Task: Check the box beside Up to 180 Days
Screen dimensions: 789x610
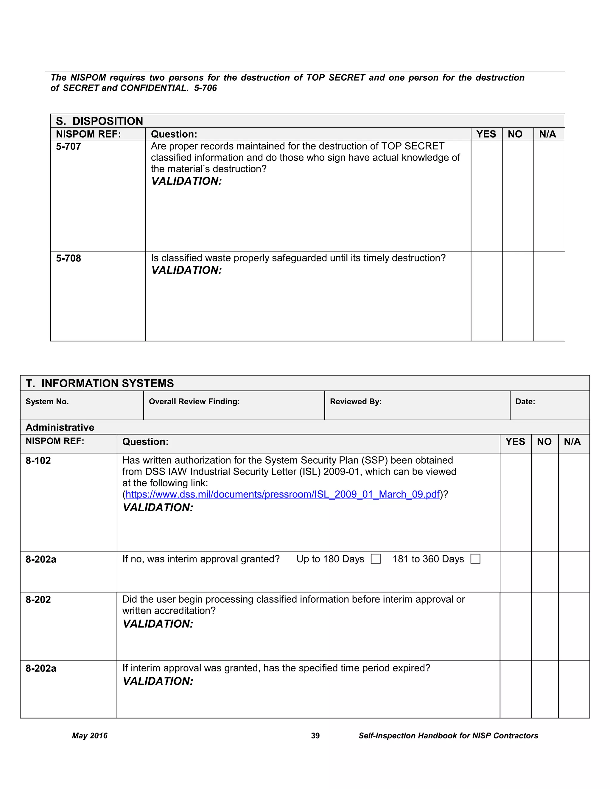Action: (376, 559)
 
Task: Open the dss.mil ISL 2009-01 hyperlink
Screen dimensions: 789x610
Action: (283, 494)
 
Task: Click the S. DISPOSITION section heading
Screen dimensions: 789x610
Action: (99, 121)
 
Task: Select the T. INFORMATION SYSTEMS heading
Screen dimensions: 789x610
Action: (100, 383)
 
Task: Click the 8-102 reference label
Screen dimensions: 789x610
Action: (38, 461)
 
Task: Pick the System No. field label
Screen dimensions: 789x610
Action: (47, 402)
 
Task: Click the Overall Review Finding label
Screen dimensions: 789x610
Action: (194, 402)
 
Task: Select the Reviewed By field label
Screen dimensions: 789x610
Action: (356, 402)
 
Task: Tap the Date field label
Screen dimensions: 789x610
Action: (525, 402)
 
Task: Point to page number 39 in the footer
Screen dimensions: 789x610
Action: (315, 736)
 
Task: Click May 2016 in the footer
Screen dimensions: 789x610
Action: (90, 736)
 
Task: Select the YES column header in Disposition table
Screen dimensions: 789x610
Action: (486, 134)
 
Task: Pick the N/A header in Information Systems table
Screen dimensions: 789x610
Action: (572, 442)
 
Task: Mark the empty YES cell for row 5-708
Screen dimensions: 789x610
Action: (486, 296)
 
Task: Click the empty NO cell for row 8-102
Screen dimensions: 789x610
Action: (544, 502)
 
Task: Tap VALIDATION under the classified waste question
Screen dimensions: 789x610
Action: (186, 270)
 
